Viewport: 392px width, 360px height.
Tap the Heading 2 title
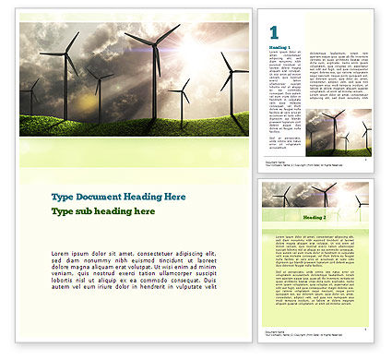point(315,216)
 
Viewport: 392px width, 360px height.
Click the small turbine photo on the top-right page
point(339,133)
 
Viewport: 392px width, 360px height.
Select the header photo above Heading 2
point(315,196)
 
